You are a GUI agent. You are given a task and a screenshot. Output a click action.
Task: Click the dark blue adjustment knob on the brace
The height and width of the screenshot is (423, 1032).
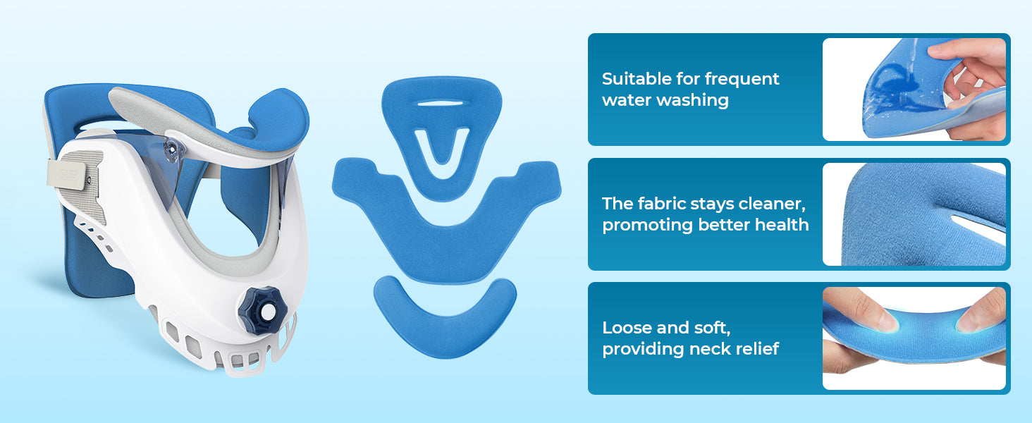click(x=263, y=310)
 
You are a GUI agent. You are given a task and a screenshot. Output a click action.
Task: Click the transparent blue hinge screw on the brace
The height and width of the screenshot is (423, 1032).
click(x=171, y=149)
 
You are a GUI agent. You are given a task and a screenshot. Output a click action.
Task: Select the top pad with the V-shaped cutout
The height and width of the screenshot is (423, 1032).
click(x=442, y=137)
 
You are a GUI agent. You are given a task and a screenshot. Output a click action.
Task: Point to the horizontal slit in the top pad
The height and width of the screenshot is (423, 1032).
click(x=440, y=103)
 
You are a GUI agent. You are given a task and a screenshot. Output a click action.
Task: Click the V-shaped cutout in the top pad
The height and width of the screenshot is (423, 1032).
click(x=441, y=147)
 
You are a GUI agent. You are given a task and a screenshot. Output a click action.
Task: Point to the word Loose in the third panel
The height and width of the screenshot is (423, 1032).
click(x=627, y=328)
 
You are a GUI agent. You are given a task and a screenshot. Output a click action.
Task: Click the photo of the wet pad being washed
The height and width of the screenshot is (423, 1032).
click(x=914, y=90)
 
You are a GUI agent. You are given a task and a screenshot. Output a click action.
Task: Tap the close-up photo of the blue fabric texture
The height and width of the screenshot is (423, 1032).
click(x=914, y=214)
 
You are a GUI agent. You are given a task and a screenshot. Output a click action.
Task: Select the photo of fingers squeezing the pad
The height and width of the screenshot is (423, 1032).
click(x=914, y=338)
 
